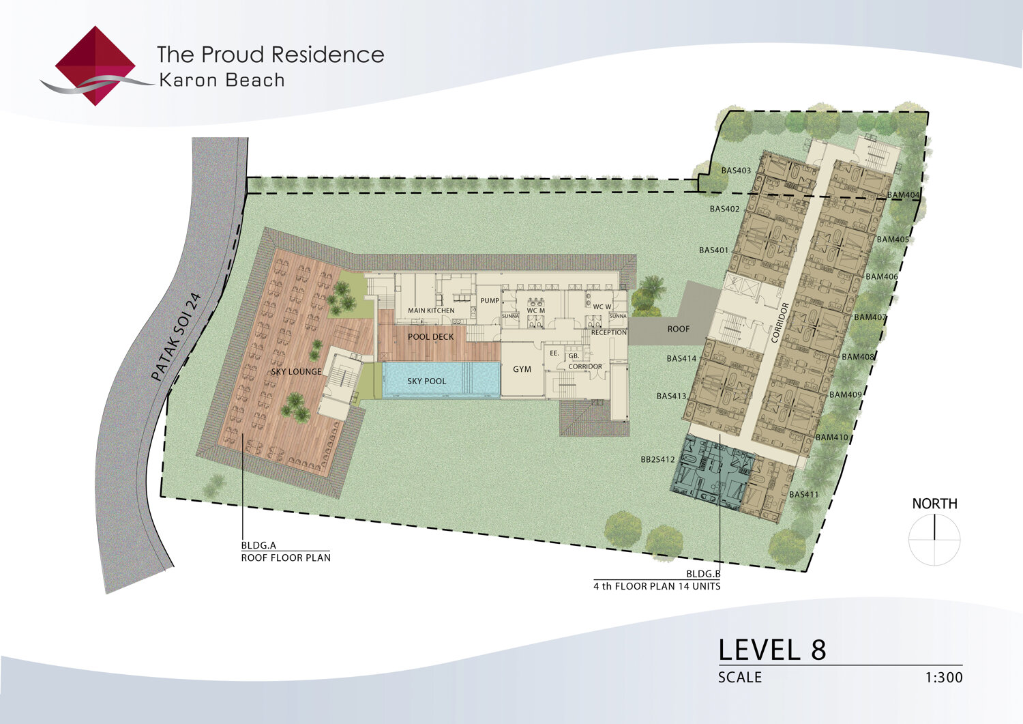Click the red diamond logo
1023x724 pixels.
pyautogui.click(x=95, y=66)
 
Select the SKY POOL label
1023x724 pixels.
pyautogui.click(x=426, y=381)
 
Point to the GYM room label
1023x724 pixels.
pyautogui.click(x=522, y=369)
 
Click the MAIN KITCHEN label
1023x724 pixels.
pyautogui.click(x=431, y=310)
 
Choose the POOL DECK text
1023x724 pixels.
pyautogui.click(x=430, y=337)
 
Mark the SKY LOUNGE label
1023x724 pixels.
pyautogui.click(x=297, y=372)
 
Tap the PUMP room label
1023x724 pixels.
pyautogui.click(x=490, y=301)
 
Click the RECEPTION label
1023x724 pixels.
pyautogui.click(x=609, y=333)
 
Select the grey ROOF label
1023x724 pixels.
pyautogui.click(x=678, y=329)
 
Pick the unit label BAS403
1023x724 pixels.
pyautogui.click(x=736, y=171)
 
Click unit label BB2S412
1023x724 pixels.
pyautogui.click(x=657, y=459)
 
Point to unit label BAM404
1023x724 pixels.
pyautogui.click(x=904, y=195)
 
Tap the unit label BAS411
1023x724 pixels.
pyautogui.click(x=804, y=494)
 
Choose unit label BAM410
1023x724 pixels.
pyautogui.click(x=832, y=437)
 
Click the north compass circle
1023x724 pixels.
pyautogui.click(x=934, y=539)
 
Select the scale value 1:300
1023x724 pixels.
pyautogui.click(x=944, y=678)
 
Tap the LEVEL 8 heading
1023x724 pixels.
pyautogui.click(x=772, y=650)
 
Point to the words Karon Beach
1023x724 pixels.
pyautogui.click(x=222, y=81)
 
